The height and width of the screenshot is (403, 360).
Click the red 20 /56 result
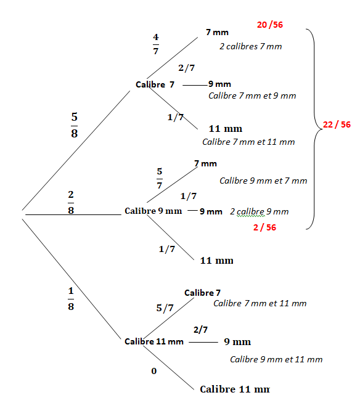pyautogui.click(x=270, y=25)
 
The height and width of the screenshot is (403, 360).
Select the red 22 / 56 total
pyautogui.click(x=337, y=124)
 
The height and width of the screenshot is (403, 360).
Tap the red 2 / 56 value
pyautogui.click(x=264, y=227)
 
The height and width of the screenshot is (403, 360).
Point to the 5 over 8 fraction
pyautogui.click(x=75, y=125)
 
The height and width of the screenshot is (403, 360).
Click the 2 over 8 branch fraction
pyautogui.click(x=71, y=202)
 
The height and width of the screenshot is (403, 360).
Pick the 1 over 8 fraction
pyautogui.click(x=71, y=299)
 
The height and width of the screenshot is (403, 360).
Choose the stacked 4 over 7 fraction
pyautogui.click(x=156, y=44)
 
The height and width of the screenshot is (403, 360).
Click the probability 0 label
pyautogui.click(x=153, y=371)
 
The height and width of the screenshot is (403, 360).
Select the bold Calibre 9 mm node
pyautogui.click(x=153, y=211)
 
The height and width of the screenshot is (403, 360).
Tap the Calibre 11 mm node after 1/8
pyautogui.click(x=154, y=341)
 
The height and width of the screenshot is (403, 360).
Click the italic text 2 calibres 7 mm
pyautogui.click(x=251, y=46)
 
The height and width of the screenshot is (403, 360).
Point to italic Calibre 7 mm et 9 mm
pyautogui.click(x=252, y=96)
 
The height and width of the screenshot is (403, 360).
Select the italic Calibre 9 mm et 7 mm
pyautogui.click(x=263, y=181)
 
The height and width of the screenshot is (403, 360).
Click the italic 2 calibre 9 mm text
pyautogui.click(x=259, y=211)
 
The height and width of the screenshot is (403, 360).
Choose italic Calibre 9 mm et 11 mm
pyautogui.click(x=276, y=359)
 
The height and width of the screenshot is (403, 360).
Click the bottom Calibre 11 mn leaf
pyautogui.click(x=235, y=389)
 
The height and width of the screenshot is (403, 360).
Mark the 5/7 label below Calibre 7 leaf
pyautogui.click(x=165, y=307)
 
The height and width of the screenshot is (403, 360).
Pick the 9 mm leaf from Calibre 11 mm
pyautogui.click(x=237, y=341)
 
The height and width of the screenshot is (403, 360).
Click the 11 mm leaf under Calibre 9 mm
pyautogui.click(x=217, y=261)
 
